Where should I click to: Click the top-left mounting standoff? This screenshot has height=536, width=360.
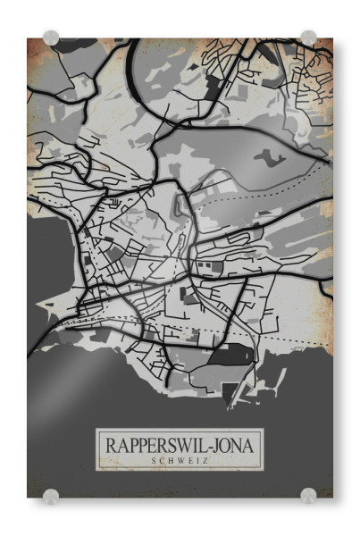(x=51, y=38)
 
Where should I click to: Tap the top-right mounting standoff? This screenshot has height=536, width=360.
(x=308, y=38)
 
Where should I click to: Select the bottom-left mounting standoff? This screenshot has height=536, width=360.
(x=51, y=494)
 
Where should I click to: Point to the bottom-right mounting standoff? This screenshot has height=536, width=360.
(x=308, y=494)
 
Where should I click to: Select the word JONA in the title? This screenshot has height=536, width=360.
(x=230, y=444)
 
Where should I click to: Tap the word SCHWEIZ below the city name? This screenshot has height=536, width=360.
(x=180, y=460)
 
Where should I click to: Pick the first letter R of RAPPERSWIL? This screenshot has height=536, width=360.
(x=112, y=444)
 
